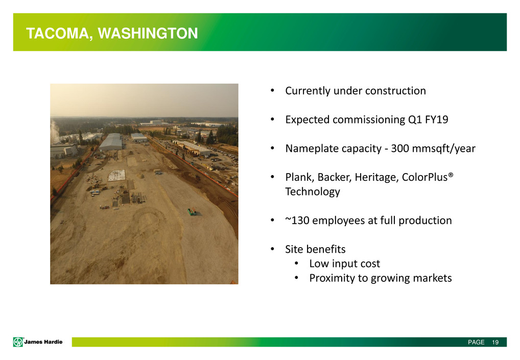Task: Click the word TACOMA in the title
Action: click(57, 34)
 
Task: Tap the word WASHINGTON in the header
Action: click(148, 33)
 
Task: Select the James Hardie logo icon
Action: click(18, 342)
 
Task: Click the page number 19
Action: click(495, 342)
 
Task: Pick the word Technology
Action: click(313, 191)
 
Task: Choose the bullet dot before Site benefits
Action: click(272, 249)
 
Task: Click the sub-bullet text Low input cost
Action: click(345, 263)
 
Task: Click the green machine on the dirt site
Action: click(192, 211)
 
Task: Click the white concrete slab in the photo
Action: click(117, 175)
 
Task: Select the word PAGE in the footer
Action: click(476, 342)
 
